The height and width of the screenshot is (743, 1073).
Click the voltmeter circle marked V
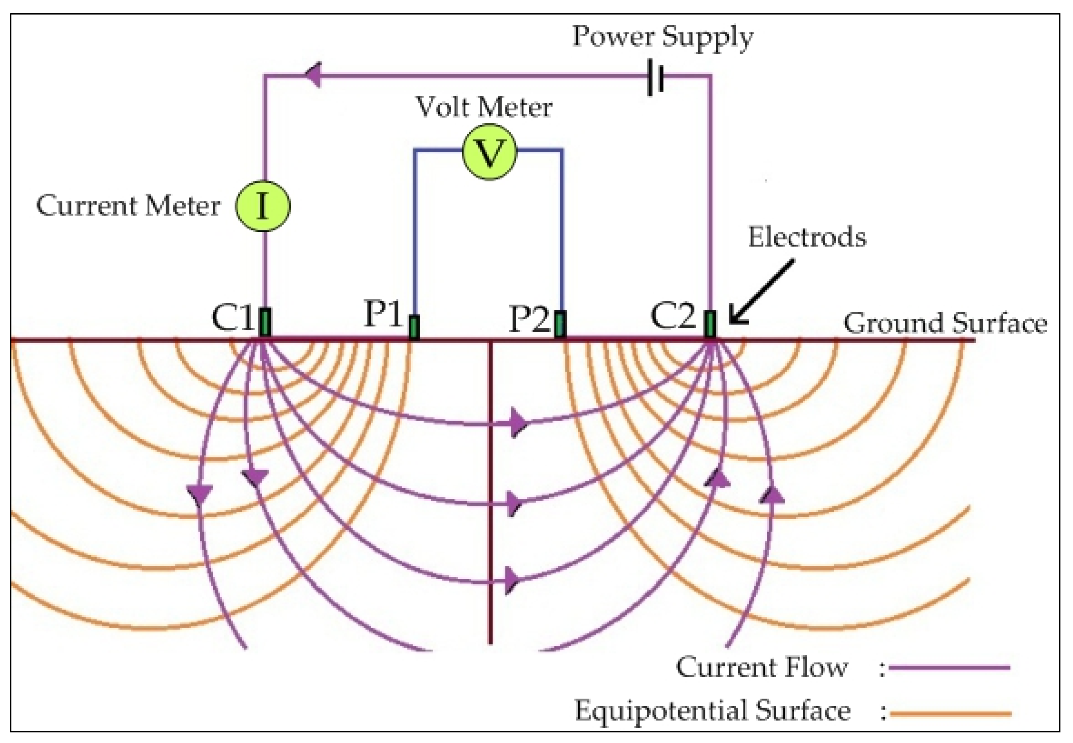pos(489,152)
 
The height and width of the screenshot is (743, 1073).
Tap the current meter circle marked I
pos(263,206)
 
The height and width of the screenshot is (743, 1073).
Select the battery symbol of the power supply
pos(655,77)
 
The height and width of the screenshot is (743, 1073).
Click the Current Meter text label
pos(128,205)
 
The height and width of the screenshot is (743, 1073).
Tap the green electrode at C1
pos(265,322)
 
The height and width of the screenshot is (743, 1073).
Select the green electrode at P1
pos(414,327)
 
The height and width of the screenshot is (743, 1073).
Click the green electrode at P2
pos(560,324)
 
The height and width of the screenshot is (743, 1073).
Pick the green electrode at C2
pos(709,324)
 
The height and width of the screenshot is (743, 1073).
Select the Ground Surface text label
pos(945,323)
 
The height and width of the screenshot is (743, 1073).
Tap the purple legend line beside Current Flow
pos(949,667)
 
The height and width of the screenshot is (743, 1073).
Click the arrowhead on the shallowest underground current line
pos(517,423)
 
